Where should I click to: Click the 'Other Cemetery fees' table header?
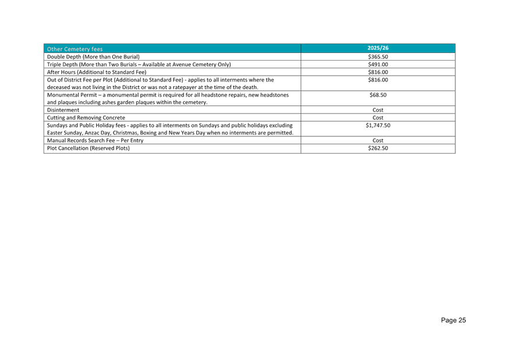coord(75,49)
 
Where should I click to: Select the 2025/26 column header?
coord(378,48)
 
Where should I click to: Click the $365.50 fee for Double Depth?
coord(378,57)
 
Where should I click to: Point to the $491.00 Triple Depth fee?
coord(378,65)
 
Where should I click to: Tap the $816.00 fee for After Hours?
coord(378,72)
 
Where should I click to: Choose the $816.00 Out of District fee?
coord(378,80)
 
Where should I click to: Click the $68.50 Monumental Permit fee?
coord(378,95)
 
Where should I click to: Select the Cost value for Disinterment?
coord(378,110)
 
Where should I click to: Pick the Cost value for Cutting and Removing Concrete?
coord(378,118)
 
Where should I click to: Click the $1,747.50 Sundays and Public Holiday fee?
coord(378,125)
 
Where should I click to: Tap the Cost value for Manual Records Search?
coord(378,140)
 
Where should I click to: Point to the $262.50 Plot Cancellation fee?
coord(378,149)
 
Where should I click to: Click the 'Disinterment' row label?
coord(63,110)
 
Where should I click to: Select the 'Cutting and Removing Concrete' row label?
coord(86,118)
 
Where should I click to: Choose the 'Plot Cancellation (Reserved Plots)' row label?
coord(89,149)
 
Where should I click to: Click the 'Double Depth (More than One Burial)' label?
coord(93,57)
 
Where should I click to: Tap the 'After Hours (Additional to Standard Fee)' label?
coord(97,72)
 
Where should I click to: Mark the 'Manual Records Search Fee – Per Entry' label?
coord(95,140)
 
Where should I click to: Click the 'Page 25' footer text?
coord(453,320)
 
